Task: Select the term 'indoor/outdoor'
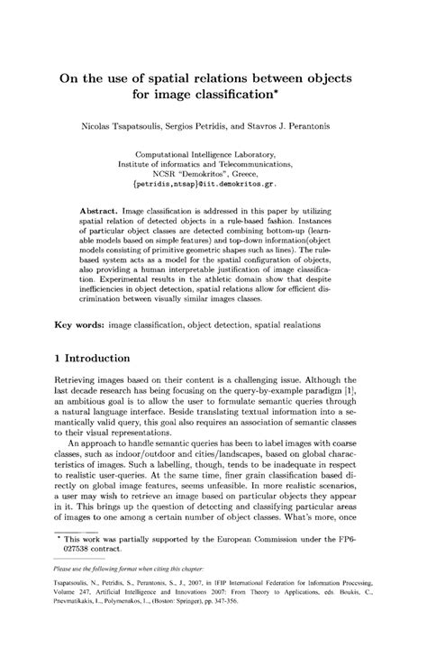pos(143,483)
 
